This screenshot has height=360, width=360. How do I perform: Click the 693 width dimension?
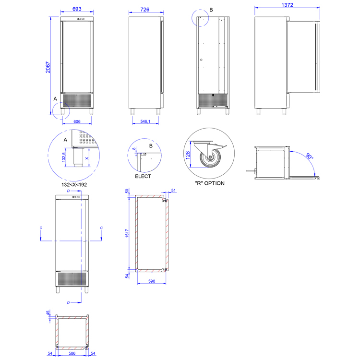[x=77, y=9]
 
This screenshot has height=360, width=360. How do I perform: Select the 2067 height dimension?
[x=48, y=67]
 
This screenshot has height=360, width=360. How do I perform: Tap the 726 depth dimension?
[x=145, y=10]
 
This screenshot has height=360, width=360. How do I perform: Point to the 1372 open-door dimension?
[x=287, y=5]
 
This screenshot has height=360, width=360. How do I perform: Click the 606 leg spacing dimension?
[x=77, y=121]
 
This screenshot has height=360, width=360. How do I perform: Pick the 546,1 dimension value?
[x=145, y=121]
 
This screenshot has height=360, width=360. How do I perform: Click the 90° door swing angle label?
[x=309, y=156]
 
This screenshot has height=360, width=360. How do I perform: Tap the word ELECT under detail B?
[x=143, y=176]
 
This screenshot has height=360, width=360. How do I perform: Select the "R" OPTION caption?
[x=210, y=183]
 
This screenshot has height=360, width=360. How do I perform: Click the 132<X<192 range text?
[x=74, y=185]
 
